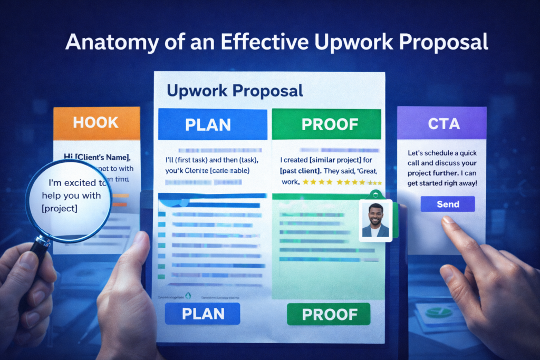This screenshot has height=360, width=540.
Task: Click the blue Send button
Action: click(448, 204)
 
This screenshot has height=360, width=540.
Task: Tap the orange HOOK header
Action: click(97, 123)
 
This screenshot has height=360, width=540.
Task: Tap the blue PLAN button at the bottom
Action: click(202, 314)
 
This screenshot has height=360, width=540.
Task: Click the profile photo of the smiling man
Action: click(375, 220)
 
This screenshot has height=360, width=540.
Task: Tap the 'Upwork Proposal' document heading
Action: click(235, 91)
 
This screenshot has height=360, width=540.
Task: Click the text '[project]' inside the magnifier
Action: click(59, 208)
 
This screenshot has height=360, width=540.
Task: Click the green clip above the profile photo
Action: click(375, 194)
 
